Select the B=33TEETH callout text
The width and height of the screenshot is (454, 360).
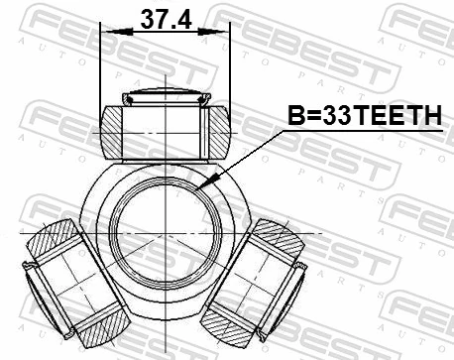[x=363, y=118]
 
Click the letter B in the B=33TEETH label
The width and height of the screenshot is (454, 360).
[x=293, y=118]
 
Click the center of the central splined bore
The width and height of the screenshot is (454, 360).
[x=166, y=235]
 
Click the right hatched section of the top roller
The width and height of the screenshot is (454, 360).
[x=218, y=130]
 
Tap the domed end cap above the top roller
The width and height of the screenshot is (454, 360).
[x=166, y=96]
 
